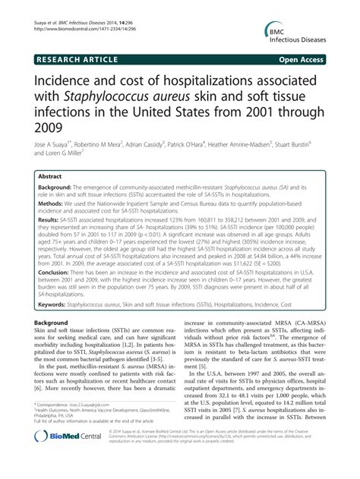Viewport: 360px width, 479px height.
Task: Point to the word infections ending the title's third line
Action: [x=55, y=112]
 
